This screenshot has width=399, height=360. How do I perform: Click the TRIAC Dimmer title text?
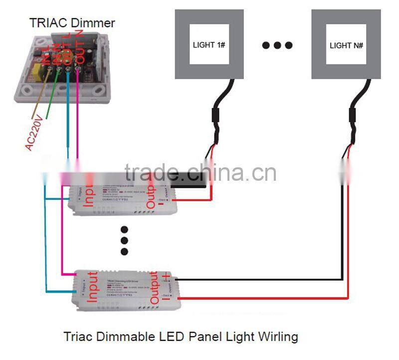click(x=72, y=22)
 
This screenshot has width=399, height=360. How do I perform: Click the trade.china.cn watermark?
click(x=200, y=173)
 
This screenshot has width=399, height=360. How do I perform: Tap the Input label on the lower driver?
click(x=92, y=287)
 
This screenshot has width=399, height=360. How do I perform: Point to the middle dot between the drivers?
click(x=125, y=241)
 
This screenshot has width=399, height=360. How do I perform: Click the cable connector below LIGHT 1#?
click(x=218, y=116)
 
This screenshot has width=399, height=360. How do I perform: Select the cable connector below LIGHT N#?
click(x=353, y=116)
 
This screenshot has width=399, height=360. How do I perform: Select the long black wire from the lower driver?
click(x=259, y=279)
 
